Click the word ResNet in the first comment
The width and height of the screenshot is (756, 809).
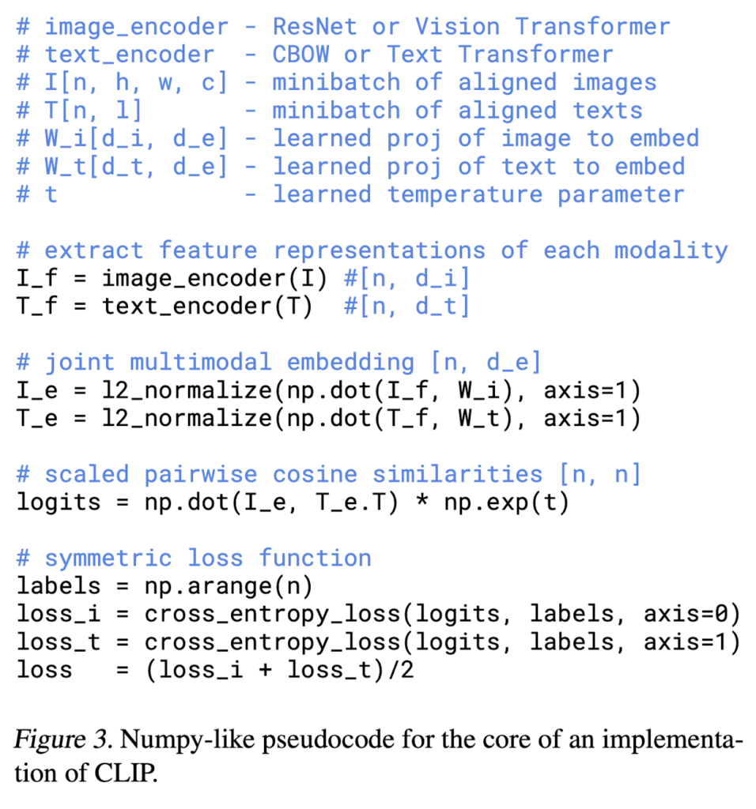315,26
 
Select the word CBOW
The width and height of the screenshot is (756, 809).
301,55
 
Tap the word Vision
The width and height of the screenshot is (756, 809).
458,26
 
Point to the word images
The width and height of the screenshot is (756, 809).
614,82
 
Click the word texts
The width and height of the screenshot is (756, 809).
607,111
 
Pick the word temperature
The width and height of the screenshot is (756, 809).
465,195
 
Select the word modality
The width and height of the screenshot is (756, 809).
671,250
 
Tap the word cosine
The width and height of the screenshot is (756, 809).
315,474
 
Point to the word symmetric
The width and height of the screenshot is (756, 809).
108,559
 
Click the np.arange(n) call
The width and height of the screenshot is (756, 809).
229,587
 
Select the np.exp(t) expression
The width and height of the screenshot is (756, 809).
507,502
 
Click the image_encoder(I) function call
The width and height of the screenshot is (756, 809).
214,279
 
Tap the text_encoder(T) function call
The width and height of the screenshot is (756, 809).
207,307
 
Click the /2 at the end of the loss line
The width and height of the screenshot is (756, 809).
400,670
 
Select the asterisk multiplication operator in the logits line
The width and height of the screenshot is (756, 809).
422,500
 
